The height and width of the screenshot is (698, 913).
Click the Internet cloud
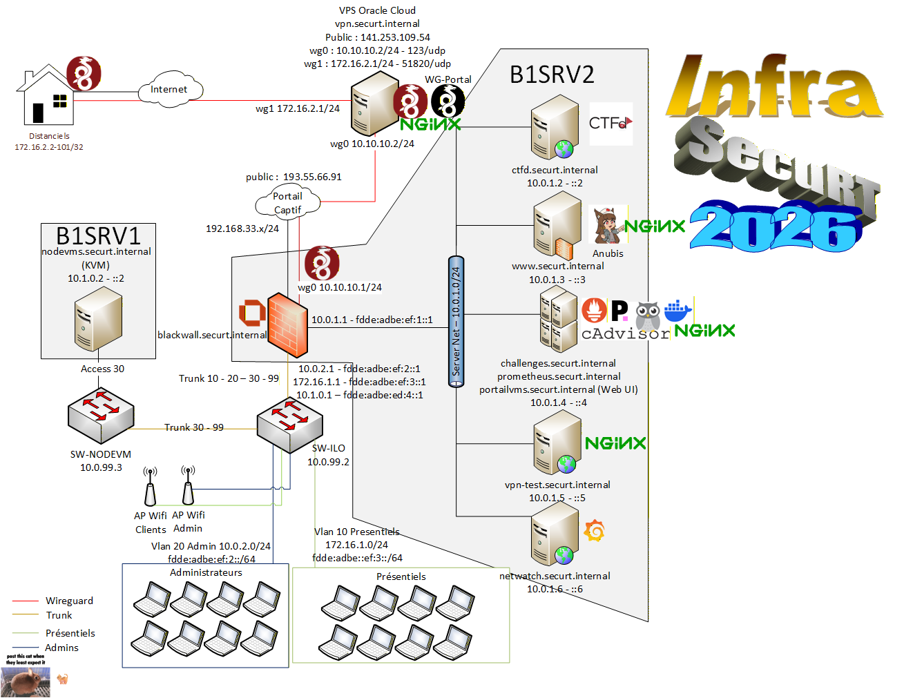point(169,90)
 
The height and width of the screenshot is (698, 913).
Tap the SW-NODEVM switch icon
point(101,416)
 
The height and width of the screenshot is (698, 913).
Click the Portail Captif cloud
point(288,202)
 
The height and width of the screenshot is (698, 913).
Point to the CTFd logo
point(611,124)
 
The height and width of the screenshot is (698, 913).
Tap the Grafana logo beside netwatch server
point(594,531)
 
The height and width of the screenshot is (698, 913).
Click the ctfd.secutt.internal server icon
point(554,128)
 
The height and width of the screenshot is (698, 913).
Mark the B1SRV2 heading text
point(552,75)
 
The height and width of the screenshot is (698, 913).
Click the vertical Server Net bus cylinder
point(456,322)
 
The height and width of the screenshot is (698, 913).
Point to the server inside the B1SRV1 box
point(98,320)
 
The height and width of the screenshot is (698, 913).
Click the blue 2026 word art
point(776,226)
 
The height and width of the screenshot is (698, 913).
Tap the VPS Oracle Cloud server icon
point(373,108)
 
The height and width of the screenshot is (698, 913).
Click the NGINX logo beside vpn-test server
point(615,443)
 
